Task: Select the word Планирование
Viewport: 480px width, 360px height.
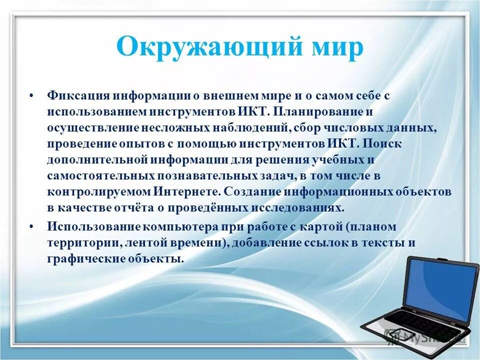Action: coord(320,111)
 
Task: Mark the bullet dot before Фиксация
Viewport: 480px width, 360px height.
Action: coord(31,95)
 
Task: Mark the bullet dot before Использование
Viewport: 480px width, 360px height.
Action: coord(31,226)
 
